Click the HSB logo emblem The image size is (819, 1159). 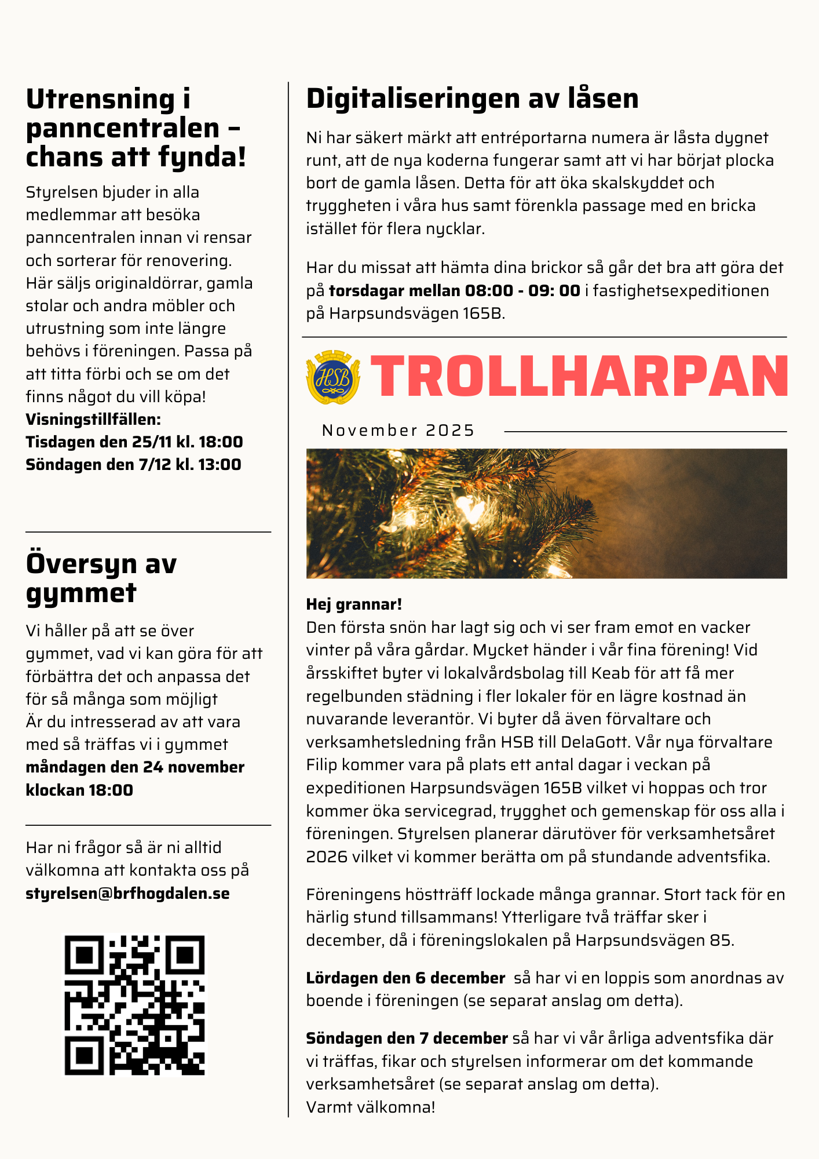[332, 377]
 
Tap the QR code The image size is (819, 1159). [134, 1005]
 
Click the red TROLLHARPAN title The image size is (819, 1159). [578, 376]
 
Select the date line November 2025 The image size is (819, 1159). [398, 431]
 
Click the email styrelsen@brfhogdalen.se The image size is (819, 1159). [127, 893]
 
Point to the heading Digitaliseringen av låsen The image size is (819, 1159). [472, 99]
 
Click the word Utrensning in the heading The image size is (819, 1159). [100, 99]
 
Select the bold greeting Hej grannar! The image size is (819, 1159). [354, 604]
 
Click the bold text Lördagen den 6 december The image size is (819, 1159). [405, 978]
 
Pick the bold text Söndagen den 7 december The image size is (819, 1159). [407, 1038]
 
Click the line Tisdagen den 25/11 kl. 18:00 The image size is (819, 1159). [134, 442]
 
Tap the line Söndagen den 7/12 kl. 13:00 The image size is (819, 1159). [133, 465]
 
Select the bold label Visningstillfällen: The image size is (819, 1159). [93, 419]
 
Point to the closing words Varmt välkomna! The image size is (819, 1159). [370, 1107]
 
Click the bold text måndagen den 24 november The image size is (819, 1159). [135, 767]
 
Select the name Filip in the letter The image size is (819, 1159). [321, 765]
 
